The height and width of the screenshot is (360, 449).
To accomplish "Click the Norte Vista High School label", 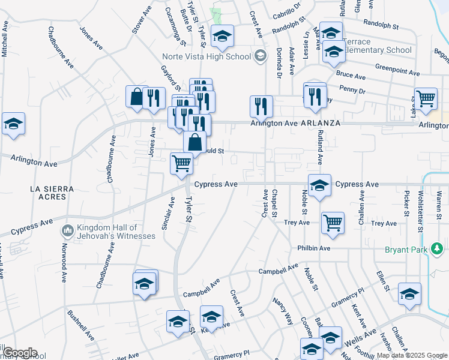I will tap(205, 57).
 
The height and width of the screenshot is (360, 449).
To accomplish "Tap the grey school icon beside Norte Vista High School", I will tap(259, 56).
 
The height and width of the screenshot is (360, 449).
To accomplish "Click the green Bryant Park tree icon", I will tap(438, 248).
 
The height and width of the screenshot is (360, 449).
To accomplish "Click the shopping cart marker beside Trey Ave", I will tap(333, 223).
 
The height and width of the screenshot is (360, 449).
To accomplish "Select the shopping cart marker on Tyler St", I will tap(181, 163).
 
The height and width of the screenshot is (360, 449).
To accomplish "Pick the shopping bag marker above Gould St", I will tap(195, 143).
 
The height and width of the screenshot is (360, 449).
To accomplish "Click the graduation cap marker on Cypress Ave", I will tap(319, 185).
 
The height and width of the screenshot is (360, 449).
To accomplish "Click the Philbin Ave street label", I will tap(313, 248).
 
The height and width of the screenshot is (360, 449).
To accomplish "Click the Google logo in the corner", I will tap(20, 353).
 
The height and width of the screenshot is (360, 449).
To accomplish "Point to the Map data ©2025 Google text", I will tap(411, 355).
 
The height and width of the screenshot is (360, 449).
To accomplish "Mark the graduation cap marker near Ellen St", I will tap(409, 294).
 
